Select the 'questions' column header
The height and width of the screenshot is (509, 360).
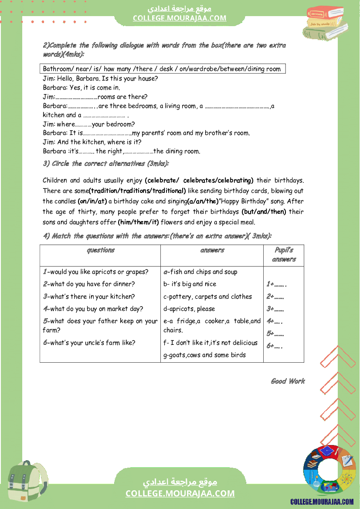(x=101, y=250)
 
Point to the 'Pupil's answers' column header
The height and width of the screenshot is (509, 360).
(x=284, y=255)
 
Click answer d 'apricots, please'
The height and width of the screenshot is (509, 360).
(x=189, y=309)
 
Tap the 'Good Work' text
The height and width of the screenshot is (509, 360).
(x=288, y=381)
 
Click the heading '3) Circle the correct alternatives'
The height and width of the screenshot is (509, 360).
(x=106, y=164)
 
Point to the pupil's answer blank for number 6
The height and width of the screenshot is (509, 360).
(x=275, y=346)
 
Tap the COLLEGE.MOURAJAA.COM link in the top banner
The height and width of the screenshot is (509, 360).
(x=180, y=18)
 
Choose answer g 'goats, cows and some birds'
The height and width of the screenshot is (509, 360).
(x=204, y=355)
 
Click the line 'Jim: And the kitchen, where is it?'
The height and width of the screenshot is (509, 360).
(x=92, y=142)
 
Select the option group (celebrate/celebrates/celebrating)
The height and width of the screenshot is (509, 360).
(x=199, y=180)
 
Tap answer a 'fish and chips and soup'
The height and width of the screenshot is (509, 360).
(x=200, y=272)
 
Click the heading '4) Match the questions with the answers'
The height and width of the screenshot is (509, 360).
(x=157, y=236)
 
